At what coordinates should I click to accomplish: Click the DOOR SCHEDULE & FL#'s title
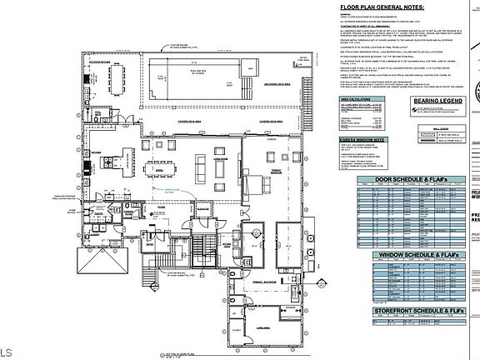(402, 178)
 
